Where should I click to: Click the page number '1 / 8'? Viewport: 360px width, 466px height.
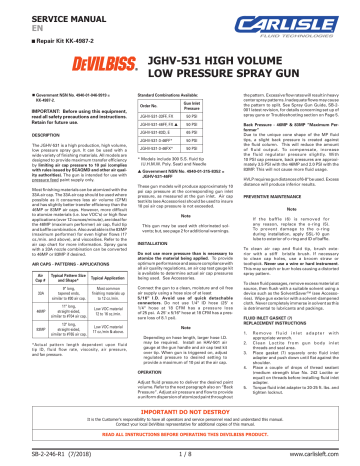click(x=180, y=458)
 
